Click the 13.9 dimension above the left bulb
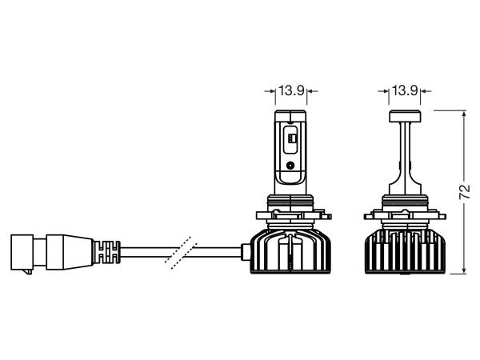pos(291,90)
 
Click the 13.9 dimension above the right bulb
pos(405,90)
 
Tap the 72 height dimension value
pos(465,192)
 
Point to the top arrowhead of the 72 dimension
pos(464,114)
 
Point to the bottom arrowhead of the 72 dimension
pos(464,270)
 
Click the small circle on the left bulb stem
pos(290,166)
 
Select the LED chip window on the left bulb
pos(290,139)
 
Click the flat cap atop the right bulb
pos(405,116)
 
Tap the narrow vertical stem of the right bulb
pos(405,153)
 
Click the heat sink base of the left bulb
pos(290,251)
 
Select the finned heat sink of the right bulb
pos(405,251)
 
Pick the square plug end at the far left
pos(22,252)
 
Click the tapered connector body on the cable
pos(70,253)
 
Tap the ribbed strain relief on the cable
pos(106,252)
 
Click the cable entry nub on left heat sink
pos(246,252)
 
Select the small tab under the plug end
pos(29,272)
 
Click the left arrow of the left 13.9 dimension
pos(270,91)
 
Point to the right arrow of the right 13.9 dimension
pos(426,91)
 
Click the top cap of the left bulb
pos(290,115)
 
